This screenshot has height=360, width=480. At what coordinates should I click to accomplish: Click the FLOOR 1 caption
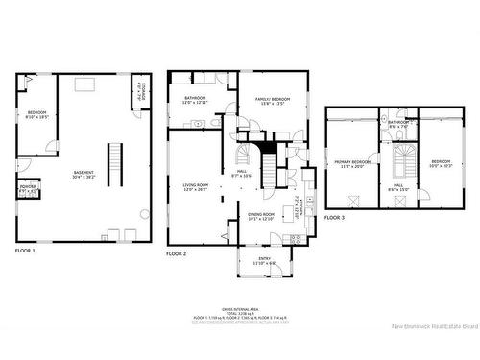coord(25,251)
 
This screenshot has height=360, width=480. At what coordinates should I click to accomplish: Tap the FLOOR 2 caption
coord(176,253)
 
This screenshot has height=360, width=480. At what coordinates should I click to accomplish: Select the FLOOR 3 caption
coord(334,219)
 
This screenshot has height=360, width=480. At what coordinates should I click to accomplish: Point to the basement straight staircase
coord(116,164)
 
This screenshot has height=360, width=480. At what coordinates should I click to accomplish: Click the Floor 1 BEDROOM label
coord(36,114)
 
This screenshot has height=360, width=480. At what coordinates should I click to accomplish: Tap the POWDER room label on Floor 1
coord(29,187)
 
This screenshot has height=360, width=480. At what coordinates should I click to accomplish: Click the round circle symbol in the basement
coord(143,213)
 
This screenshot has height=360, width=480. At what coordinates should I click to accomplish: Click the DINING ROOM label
coord(262,217)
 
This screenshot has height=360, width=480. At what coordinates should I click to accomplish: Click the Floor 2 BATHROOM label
coord(196,101)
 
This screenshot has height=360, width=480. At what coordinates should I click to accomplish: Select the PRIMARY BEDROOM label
coord(353,163)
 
